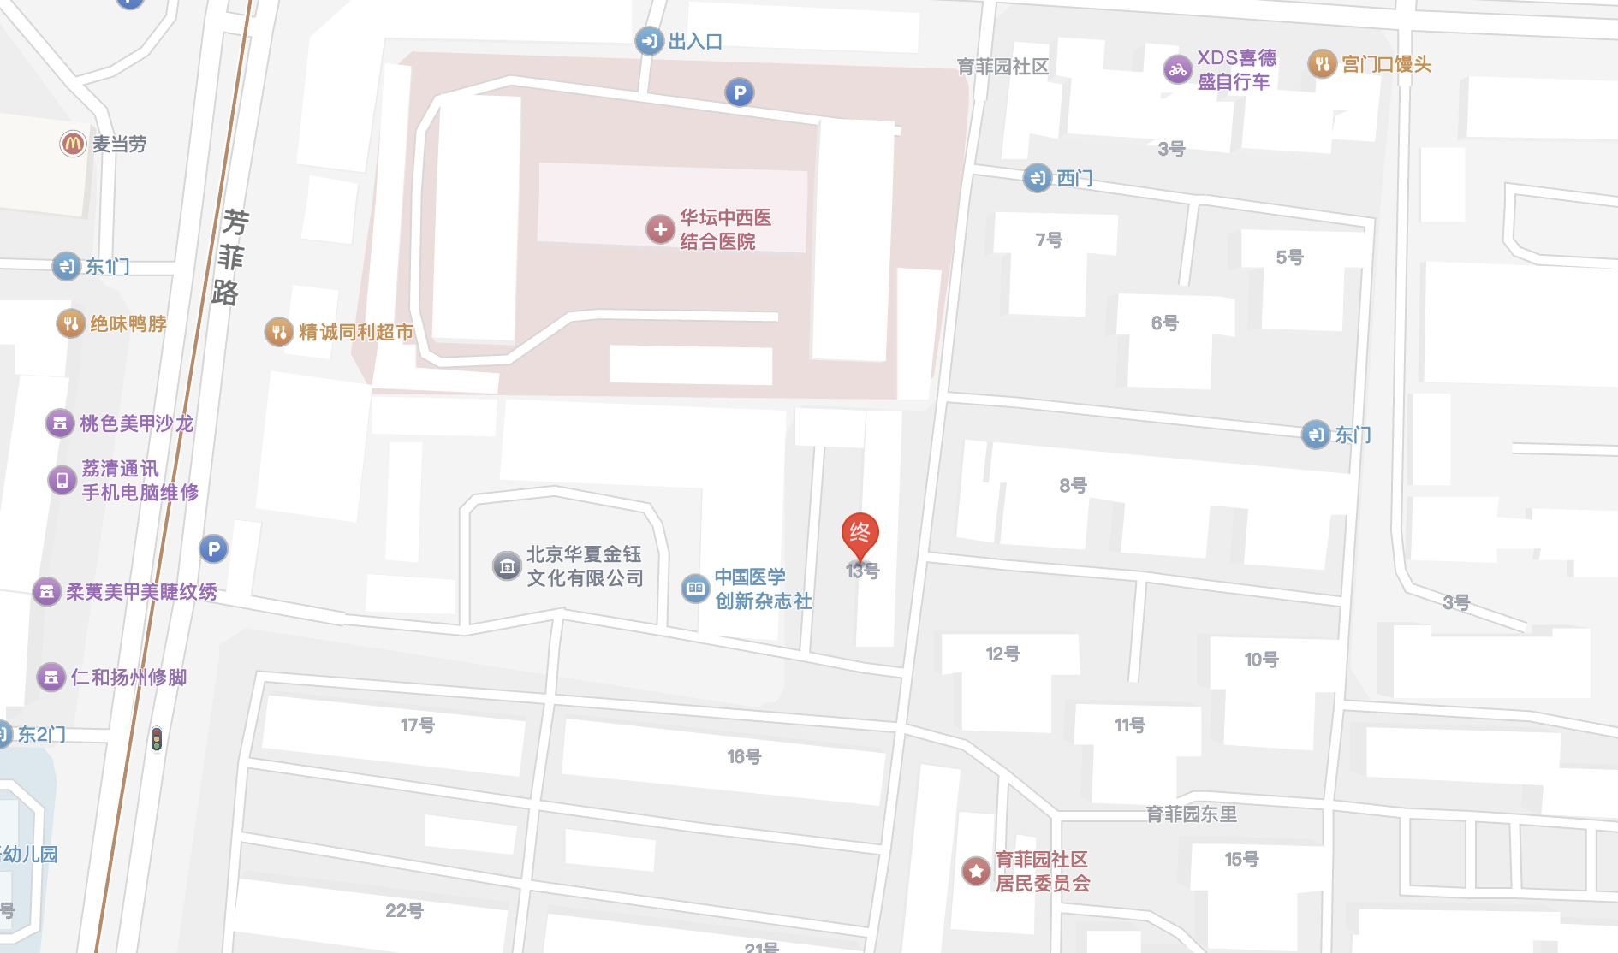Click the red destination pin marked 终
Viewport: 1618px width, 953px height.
coord(860,535)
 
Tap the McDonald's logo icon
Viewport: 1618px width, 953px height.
coord(73,144)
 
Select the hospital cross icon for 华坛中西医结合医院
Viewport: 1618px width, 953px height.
coord(660,229)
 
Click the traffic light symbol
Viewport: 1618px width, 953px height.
coord(157,738)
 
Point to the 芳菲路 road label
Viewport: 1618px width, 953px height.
coord(229,257)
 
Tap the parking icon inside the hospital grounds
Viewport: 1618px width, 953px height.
coord(739,92)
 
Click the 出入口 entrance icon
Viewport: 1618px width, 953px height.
coord(649,41)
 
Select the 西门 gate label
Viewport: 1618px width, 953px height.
coord(1074,178)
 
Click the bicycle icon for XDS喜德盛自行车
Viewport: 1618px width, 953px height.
coord(1177,69)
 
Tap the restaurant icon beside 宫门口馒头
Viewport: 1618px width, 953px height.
coord(1322,64)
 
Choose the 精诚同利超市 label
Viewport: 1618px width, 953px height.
coord(355,332)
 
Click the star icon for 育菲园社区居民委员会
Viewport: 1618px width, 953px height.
coord(976,871)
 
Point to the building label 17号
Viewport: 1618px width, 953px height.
coord(418,725)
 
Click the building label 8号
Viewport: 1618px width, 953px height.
coord(1073,486)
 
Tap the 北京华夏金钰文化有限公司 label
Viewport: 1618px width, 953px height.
coord(584,566)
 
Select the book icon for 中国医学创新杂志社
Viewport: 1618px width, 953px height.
coord(695,589)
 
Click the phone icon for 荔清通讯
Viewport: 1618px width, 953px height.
coord(62,480)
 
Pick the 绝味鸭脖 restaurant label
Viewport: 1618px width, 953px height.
coord(128,323)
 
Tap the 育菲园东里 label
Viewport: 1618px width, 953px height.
coord(1191,814)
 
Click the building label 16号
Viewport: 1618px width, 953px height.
coord(744,756)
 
